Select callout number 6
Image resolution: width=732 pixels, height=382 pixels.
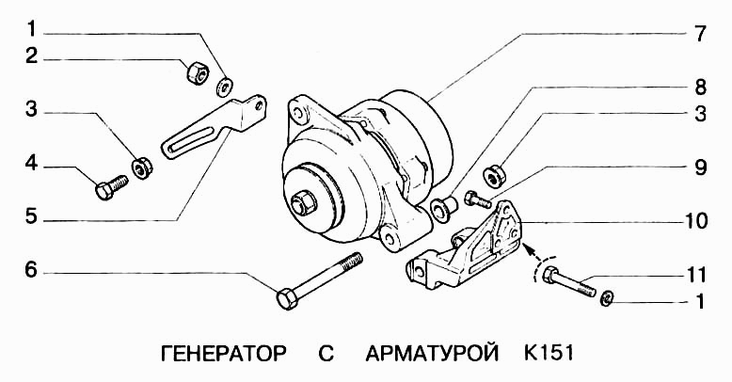pos(31,272)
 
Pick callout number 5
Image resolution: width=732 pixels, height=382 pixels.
pos(31,217)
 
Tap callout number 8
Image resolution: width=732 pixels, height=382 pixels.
pos(700,87)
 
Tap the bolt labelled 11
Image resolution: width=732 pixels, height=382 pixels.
pos(568,281)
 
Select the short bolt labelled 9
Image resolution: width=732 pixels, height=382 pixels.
pos(476,198)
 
